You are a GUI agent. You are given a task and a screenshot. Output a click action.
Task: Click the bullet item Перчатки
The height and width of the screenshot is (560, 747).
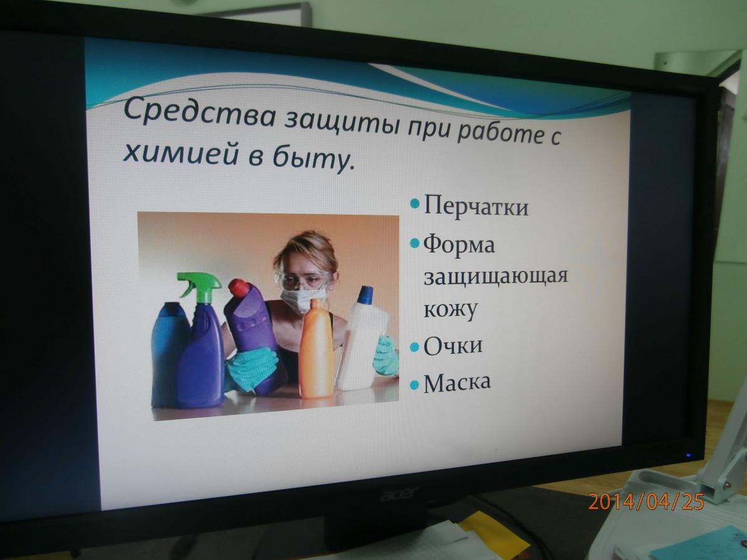click(476, 206)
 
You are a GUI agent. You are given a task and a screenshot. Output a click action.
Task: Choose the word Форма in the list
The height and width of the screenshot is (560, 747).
click(459, 244)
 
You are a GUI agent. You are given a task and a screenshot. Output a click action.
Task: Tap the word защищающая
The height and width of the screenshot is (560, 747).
click(496, 277)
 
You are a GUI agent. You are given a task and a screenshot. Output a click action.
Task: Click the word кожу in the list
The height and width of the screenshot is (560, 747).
click(450, 310)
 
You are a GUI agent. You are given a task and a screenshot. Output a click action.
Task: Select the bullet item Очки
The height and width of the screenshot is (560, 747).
click(453, 345)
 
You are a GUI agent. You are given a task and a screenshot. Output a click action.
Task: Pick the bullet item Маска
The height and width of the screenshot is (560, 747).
click(457, 383)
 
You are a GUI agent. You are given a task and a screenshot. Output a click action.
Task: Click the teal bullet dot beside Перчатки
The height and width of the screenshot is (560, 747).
click(415, 205)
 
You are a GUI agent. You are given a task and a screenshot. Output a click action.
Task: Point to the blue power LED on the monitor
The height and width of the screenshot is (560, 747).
click(689, 455)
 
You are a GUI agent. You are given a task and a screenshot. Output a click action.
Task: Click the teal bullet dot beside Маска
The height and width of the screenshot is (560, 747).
click(415, 385)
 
